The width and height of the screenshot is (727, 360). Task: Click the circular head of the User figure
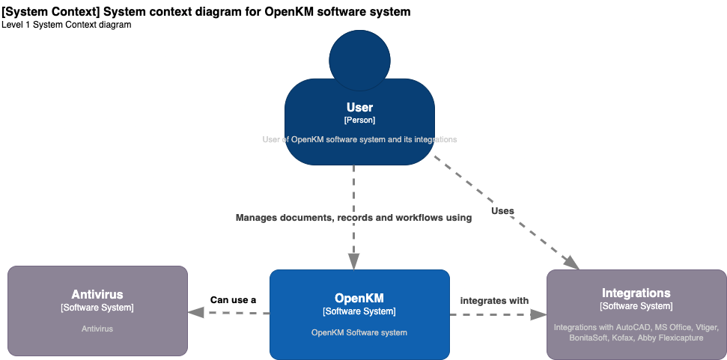click(359, 60)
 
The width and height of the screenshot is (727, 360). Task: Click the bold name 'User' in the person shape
click(359, 108)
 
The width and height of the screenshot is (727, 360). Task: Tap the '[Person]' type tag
click(359, 120)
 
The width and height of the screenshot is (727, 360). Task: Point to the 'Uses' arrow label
click(502, 211)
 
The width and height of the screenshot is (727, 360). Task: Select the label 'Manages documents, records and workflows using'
click(353, 218)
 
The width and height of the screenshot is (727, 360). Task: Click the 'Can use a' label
click(233, 300)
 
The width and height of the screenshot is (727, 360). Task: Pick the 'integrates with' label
click(494, 301)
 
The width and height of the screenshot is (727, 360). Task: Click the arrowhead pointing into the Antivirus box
click(196, 314)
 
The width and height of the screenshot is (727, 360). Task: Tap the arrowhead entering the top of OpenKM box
click(353, 261)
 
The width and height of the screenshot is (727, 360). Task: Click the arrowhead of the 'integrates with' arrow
click(538, 314)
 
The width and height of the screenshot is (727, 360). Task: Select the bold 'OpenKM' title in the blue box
click(359, 298)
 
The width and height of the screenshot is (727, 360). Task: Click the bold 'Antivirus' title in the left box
click(97, 294)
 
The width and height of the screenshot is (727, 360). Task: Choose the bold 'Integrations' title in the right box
click(636, 293)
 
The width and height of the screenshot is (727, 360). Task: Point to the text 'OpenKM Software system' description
click(359, 332)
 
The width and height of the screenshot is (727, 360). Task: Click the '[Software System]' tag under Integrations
click(636, 306)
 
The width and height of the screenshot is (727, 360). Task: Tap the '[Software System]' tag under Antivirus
click(97, 308)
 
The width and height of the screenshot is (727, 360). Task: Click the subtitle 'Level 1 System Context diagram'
click(67, 25)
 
